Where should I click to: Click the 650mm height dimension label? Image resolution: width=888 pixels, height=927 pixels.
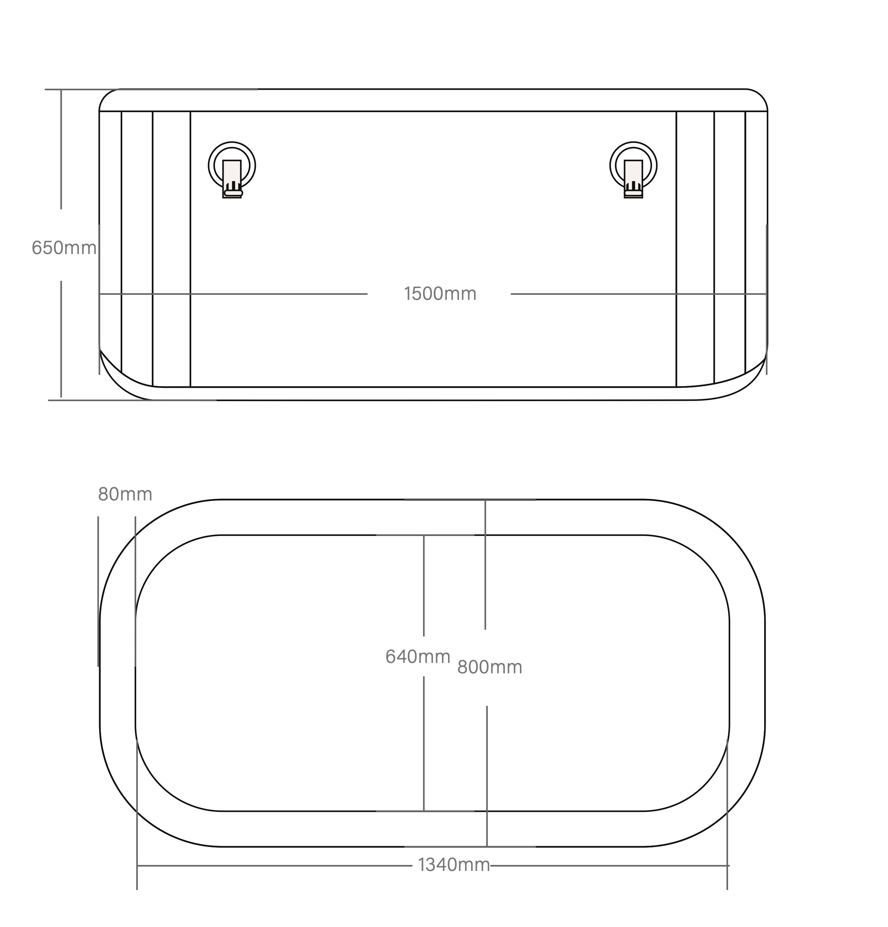coord(64,248)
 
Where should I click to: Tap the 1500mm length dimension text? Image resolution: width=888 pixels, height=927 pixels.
coord(440,294)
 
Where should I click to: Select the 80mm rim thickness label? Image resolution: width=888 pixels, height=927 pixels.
coord(125,494)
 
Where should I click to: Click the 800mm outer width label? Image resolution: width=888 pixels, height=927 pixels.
coord(490,667)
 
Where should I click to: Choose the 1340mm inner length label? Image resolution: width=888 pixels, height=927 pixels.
coord(454,865)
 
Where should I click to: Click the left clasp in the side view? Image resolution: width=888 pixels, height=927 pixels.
coord(232,169)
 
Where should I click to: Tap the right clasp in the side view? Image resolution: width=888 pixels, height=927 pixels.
coord(633,169)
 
